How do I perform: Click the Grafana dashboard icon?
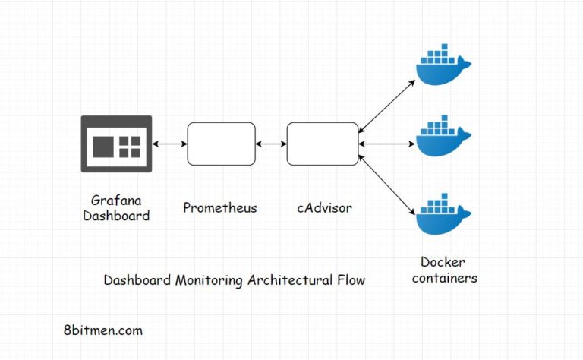point(116,144)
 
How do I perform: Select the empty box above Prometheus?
point(221,144)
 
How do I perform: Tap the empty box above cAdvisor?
point(322,144)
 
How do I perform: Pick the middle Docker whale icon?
point(443,137)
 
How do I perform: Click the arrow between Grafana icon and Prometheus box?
point(169,144)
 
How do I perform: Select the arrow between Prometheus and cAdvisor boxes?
point(271,144)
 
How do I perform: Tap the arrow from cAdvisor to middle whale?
point(386,144)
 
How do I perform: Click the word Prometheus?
point(220,207)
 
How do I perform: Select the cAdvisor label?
point(324,207)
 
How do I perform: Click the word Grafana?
point(116,201)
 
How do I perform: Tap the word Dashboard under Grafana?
point(116,216)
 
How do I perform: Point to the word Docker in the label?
point(443,263)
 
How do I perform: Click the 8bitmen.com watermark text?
point(103,330)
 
